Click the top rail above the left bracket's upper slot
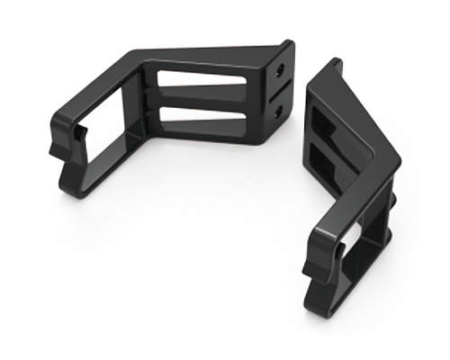pos(207,63)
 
